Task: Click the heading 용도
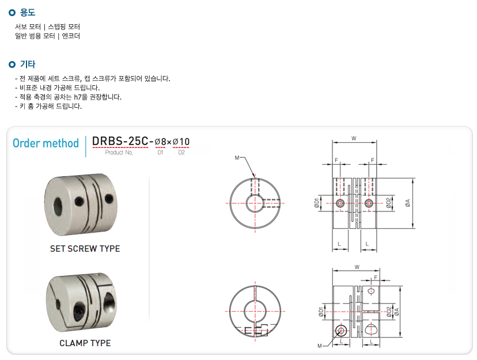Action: point(28,13)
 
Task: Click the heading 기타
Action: point(28,64)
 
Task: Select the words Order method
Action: point(46,143)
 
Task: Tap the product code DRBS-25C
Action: point(120,141)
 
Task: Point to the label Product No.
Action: point(119,152)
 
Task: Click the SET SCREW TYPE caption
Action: point(85,249)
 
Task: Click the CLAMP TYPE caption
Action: point(85,343)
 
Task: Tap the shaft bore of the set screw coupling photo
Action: point(58,207)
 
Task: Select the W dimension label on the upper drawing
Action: point(354,138)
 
